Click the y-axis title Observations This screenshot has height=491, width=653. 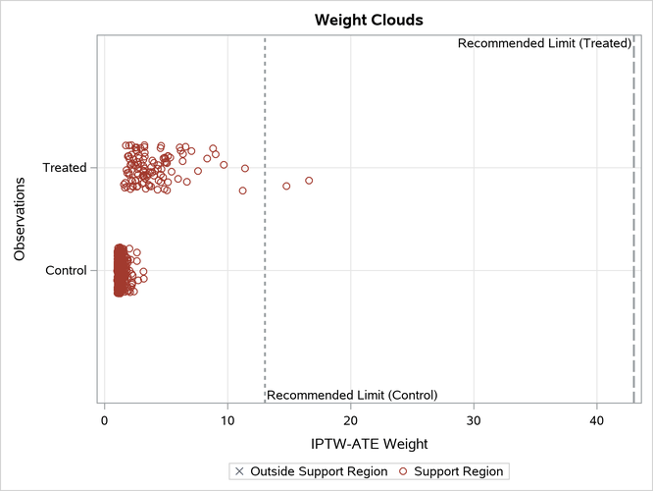click(20, 218)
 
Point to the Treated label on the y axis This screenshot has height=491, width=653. click(65, 168)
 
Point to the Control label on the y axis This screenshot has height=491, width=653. click(67, 270)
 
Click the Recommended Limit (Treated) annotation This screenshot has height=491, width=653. click(544, 43)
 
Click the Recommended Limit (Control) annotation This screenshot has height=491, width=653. click(352, 395)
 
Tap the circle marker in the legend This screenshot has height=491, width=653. click(403, 471)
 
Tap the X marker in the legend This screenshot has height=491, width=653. click(239, 471)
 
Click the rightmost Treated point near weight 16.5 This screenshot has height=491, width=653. click(309, 181)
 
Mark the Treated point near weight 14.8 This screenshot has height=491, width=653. click(286, 186)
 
